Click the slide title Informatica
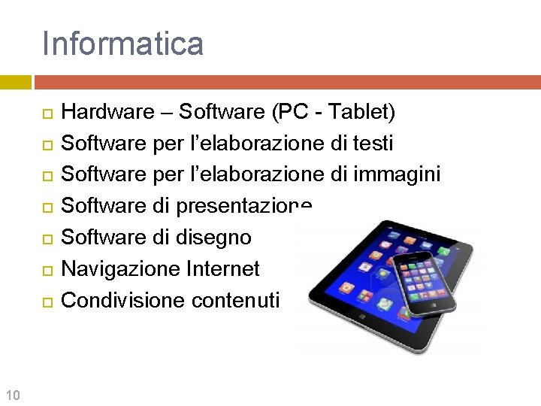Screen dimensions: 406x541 [x=122, y=43]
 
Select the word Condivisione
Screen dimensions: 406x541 [x=123, y=300]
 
